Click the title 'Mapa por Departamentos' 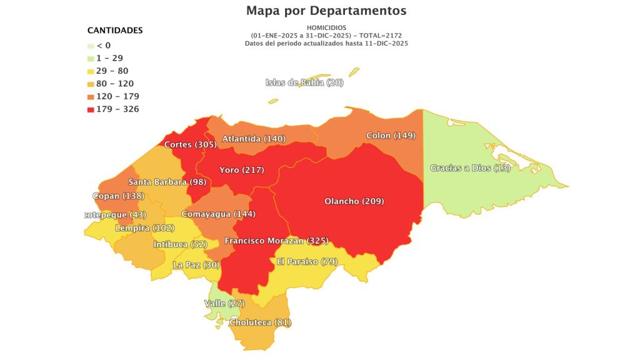[x=326, y=11]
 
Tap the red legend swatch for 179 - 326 [x=91, y=109]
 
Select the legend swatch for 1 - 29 [x=91, y=58]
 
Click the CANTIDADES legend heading [x=115, y=30]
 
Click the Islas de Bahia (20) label [x=304, y=82]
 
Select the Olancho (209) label [x=354, y=201]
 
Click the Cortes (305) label [x=190, y=144]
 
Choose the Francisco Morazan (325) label [x=276, y=241]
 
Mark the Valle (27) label [x=224, y=304]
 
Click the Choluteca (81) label [x=260, y=322]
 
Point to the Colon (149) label [x=391, y=136]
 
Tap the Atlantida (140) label [x=253, y=138]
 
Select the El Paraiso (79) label [x=307, y=261]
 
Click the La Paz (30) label [x=196, y=265]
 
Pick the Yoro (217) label [x=241, y=170]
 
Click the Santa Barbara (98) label [x=167, y=182]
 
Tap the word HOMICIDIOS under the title [x=326, y=27]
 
